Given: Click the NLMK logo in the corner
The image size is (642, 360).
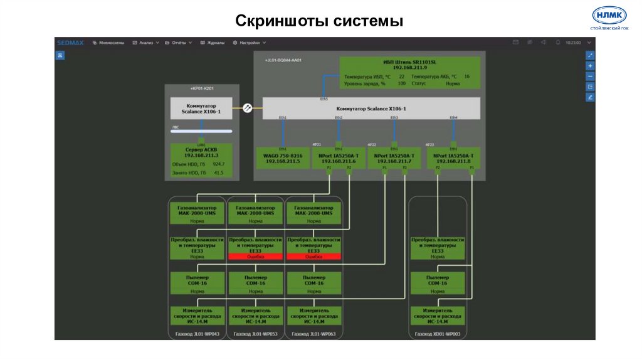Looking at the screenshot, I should coord(609,16).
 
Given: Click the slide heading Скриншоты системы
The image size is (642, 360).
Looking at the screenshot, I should coord(319,21).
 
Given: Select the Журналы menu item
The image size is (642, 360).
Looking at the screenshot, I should coord(213,43).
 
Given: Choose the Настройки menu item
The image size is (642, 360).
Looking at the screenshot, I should coord(250,43).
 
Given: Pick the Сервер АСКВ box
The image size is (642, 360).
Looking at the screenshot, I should coord(201,161).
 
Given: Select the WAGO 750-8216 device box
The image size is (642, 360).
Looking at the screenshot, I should coord(283,158).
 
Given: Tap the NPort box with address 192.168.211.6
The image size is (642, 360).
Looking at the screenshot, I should coord(338,158).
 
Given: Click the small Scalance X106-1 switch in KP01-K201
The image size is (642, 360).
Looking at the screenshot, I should coord(201,108).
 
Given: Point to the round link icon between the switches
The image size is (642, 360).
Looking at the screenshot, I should coord(248,108).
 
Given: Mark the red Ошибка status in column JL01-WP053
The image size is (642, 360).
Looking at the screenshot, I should coord(255,257).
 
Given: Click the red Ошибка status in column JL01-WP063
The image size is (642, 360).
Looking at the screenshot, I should coord(313,257).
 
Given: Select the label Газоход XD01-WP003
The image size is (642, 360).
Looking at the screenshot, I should coord(438,334).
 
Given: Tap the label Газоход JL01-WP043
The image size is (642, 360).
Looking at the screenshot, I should coord(197,334).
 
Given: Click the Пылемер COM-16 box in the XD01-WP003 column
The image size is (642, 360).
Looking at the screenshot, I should coord(438,283).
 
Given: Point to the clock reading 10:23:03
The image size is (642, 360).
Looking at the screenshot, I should coord(573,43).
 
